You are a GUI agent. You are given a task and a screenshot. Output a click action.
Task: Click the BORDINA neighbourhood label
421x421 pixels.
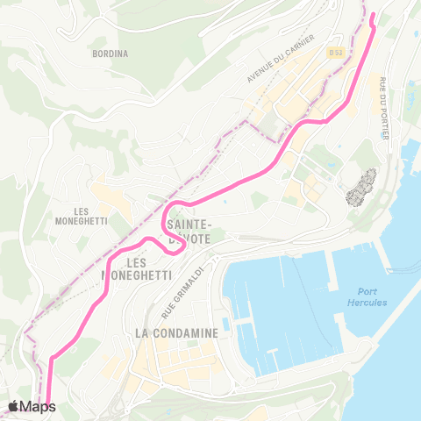(110, 53)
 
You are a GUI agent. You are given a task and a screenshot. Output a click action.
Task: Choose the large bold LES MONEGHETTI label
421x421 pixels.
(135, 268)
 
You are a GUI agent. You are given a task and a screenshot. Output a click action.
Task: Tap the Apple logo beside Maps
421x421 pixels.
(13, 406)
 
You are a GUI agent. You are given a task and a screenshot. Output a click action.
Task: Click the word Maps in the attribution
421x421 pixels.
(39, 406)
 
